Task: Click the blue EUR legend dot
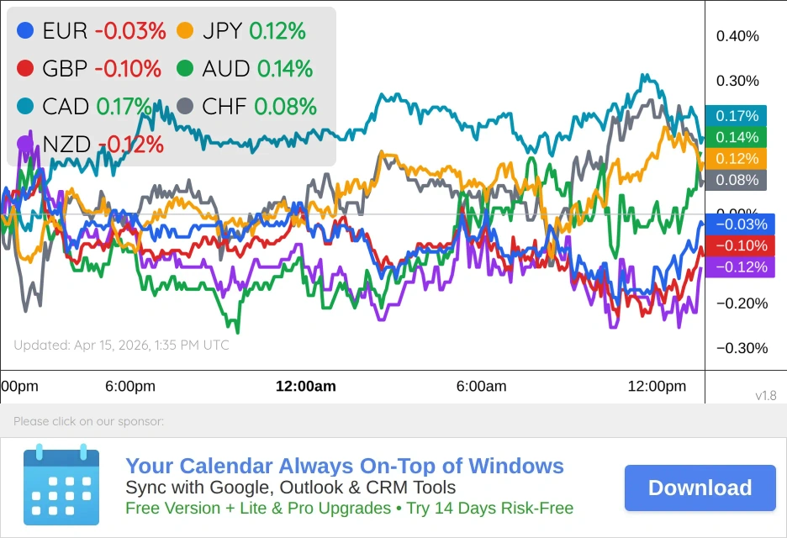[x=25, y=31]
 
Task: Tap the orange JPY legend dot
[x=185, y=31]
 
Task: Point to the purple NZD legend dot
[x=25, y=144]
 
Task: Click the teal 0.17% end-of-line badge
[x=737, y=116]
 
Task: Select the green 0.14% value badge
[x=737, y=137]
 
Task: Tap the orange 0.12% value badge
[x=737, y=158]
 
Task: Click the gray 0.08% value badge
[x=737, y=179]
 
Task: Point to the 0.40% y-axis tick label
[x=737, y=36]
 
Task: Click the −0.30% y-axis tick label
[x=737, y=348]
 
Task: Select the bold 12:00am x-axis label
[x=306, y=387]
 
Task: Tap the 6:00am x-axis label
[x=481, y=387]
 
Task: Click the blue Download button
[x=700, y=488]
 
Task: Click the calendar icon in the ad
[x=61, y=485]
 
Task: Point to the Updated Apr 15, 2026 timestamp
[x=121, y=345]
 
